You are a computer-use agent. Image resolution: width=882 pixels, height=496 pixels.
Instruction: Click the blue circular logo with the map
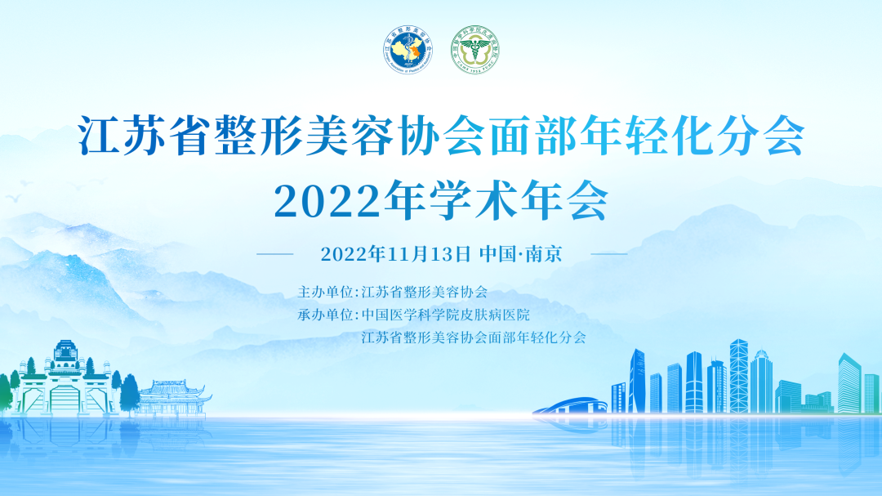click(407, 48)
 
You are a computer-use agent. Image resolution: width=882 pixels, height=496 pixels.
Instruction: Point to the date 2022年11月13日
click(395, 253)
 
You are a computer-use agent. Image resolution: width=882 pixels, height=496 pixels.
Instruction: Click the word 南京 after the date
click(543, 253)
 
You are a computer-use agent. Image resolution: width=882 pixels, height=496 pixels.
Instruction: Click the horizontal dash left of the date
click(274, 254)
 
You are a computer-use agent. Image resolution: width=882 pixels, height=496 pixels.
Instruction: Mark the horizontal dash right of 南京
click(608, 254)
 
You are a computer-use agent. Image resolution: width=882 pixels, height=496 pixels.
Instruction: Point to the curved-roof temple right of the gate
click(171, 396)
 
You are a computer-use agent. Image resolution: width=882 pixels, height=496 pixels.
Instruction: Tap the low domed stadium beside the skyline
click(572, 405)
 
